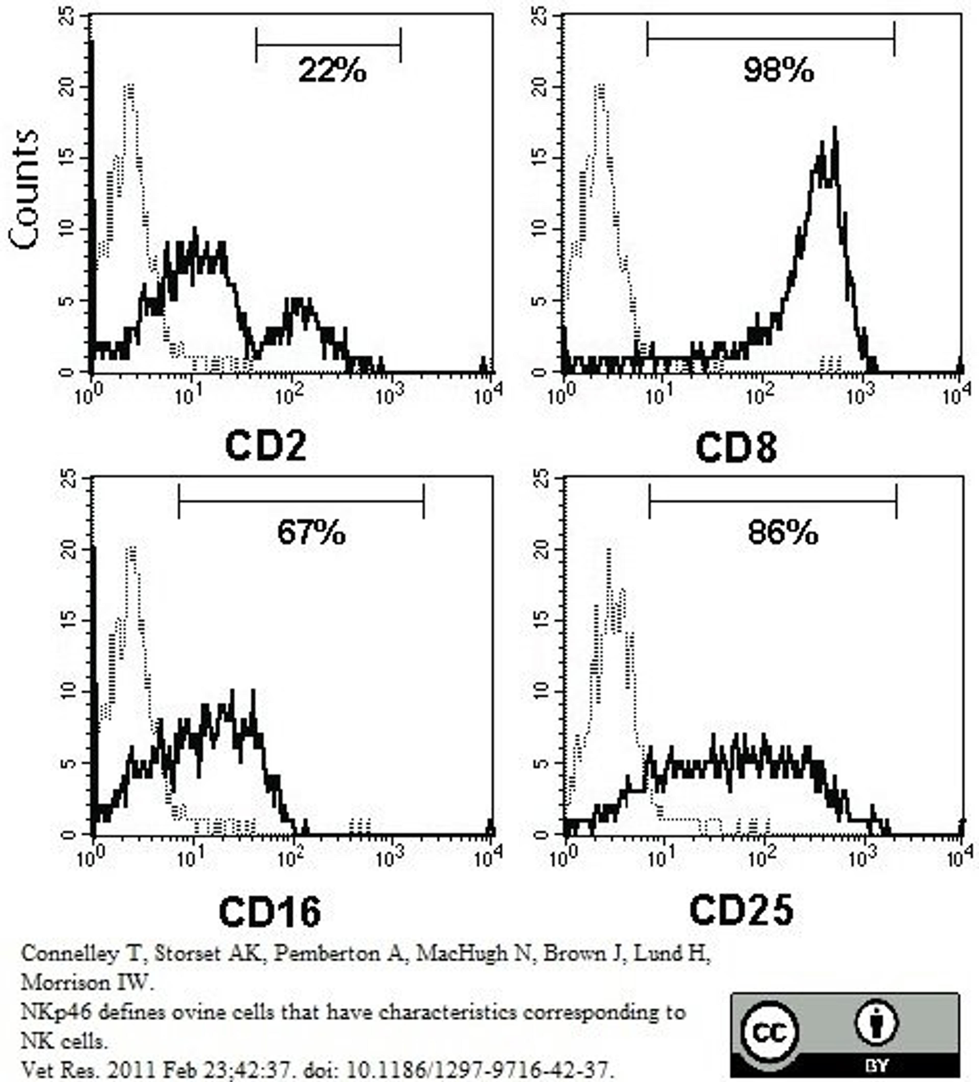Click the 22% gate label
pyautogui.click(x=332, y=70)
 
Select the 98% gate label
pyautogui.click(x=778, y=70)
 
